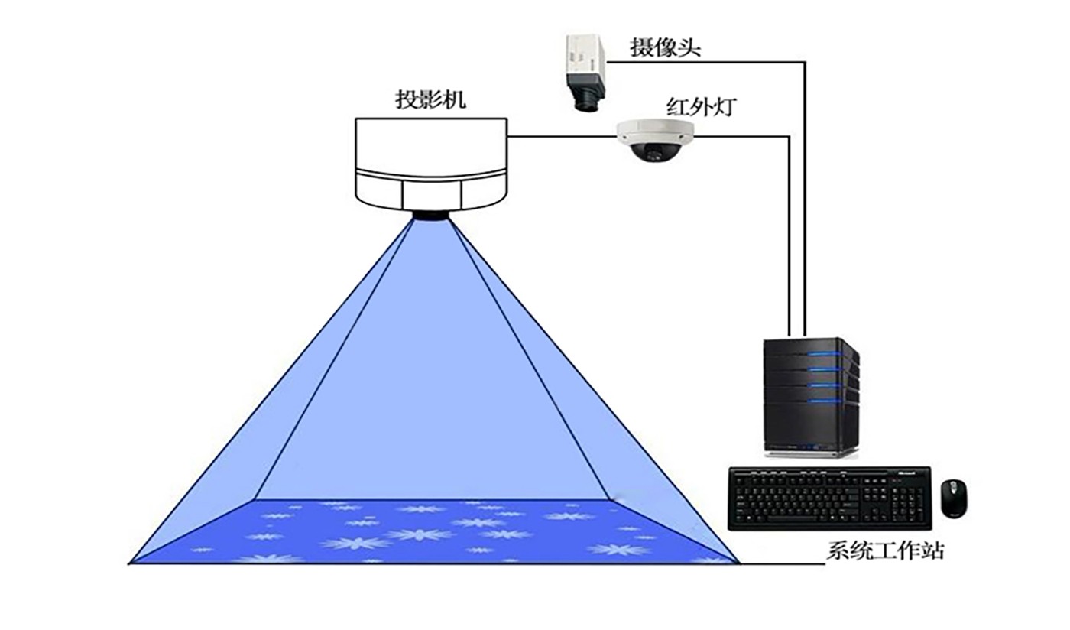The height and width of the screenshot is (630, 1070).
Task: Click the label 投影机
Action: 430,99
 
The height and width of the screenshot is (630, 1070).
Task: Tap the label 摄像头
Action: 665,47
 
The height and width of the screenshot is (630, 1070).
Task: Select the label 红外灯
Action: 701,106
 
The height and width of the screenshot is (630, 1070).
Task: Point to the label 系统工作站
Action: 884,550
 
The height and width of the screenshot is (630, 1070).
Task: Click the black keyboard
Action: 828,498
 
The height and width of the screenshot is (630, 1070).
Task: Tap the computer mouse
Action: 953,498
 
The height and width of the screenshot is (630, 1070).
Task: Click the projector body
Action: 431,161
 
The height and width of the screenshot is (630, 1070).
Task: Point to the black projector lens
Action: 431,215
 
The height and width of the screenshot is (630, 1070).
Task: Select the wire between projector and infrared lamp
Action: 562,137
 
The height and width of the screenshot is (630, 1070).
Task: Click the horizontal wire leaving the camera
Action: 703,61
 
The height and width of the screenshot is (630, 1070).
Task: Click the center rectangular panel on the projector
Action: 432,194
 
